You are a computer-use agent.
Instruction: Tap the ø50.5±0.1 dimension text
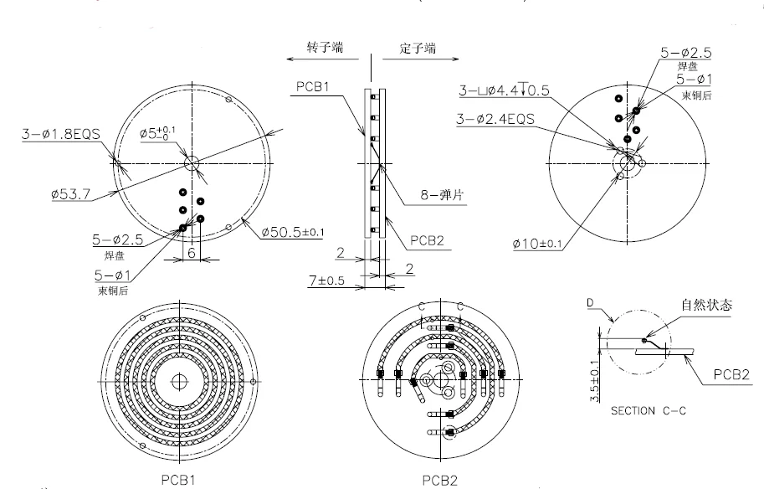pos(292,230)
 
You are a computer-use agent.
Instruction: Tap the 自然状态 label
pos(707,306)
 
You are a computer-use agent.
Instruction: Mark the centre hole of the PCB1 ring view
pos(179,382)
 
